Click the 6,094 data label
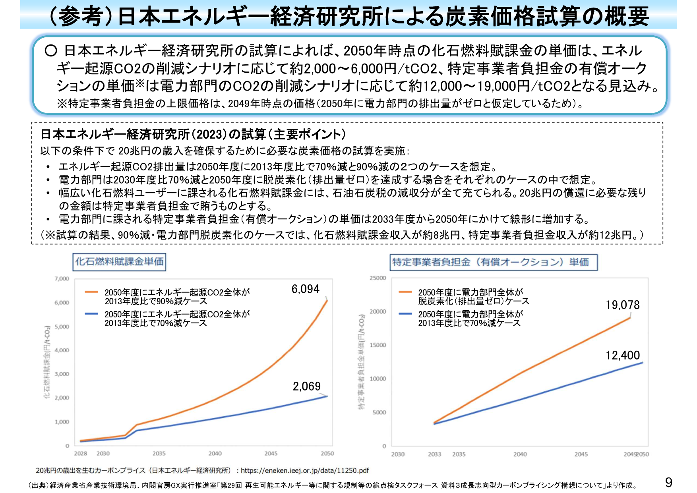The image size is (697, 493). click(305, 289)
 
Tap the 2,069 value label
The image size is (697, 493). click(306, 386)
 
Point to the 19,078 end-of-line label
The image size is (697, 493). click(622, 305)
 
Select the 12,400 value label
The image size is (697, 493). click(622, 355)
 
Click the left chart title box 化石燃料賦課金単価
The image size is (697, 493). click(119, 262)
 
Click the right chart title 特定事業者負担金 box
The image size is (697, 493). click(493, 262)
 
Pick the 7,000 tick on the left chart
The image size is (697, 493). click(62, 279)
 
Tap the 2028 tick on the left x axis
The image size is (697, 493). click(81, 453)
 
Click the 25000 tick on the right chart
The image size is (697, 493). click(378, 278)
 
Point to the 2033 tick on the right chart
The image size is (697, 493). click(434, 454)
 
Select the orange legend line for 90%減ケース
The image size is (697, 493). click(91, 292)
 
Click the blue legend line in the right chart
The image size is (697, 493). click(405, 314)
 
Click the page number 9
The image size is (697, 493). click(669, 482)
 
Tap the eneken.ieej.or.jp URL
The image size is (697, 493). click(305, 470)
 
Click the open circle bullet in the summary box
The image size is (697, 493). click(51, 51)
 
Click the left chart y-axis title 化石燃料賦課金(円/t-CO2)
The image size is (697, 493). click(47, 362)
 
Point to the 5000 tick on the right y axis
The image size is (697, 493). click(379, 412)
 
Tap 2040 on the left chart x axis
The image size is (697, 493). click(215, 453)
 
